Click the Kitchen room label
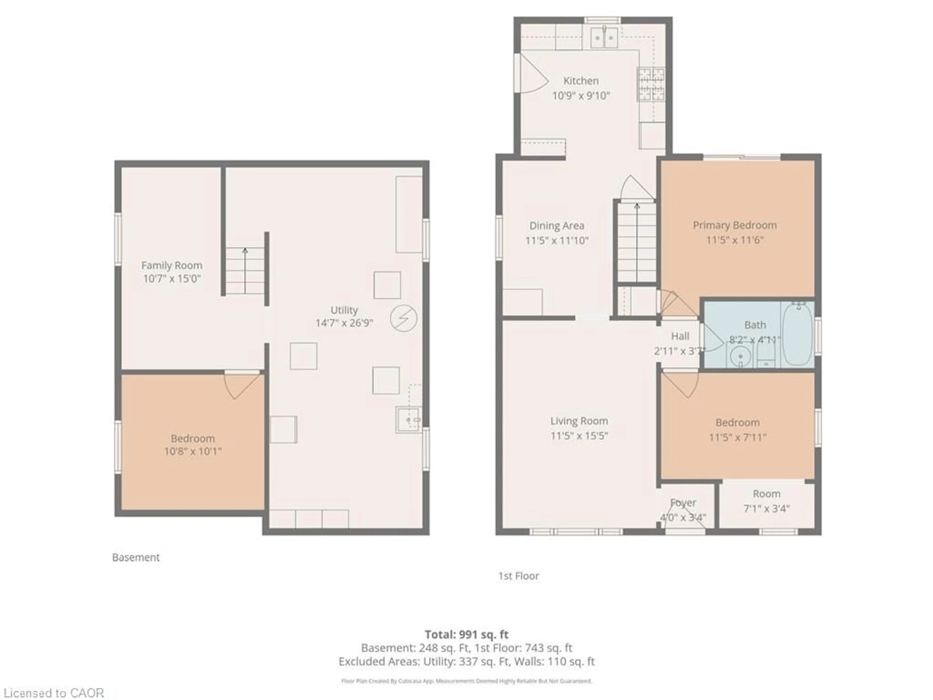point(581,81)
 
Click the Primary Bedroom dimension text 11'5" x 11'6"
point(735,240)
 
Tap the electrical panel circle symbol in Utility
point(403,319)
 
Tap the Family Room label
point(172,265)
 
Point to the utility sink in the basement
point(408,420)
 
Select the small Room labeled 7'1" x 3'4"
point(766,501)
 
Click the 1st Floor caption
point(518,576)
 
